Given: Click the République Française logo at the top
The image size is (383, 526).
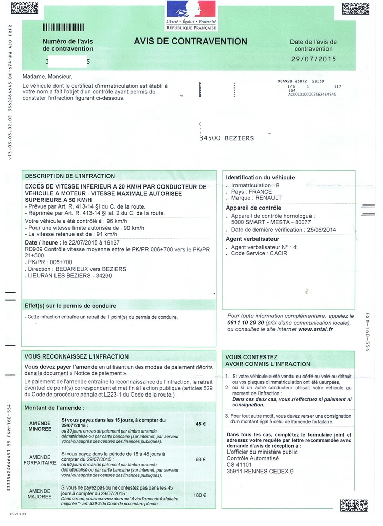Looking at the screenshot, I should pyautogui.click(x=191, y=15).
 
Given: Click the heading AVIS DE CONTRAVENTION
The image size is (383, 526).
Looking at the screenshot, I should pyautogui.click(x=190, y=42).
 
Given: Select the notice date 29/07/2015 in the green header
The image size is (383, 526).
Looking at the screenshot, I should pyautogui.click(x=313, y=59).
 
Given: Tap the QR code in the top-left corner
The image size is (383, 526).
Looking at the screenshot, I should pyautogui.click(x=24, y=8).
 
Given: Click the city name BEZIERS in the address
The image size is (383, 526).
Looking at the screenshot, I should pyautogui.click(x=240, y=138).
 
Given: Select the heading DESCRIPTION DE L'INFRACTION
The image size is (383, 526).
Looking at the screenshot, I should pyautogui.click(x=70, y=176).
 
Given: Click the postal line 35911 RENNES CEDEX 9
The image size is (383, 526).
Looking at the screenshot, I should pyautogui.click(x=260, y=471).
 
